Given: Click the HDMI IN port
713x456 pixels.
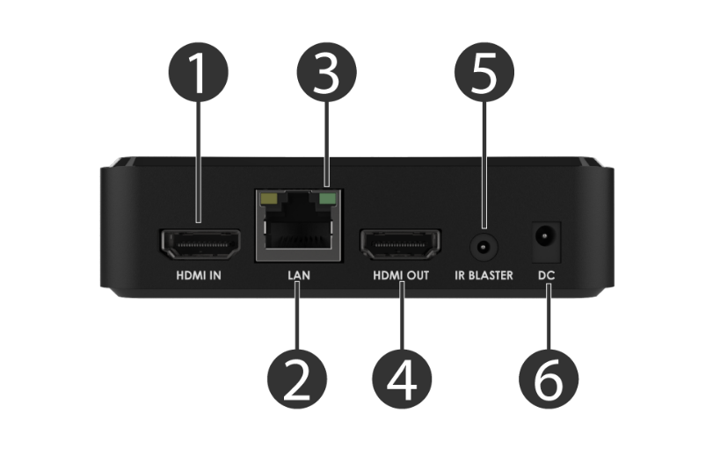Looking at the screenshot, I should pyautogui.click(x=199, y=245).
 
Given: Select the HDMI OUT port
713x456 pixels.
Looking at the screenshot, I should pyautogui.click(x=401, y=245).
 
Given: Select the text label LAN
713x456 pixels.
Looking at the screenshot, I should pyautogui.click(x=299, y=276).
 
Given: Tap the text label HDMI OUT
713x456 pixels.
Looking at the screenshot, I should pyautogui.click(x=401, y=276).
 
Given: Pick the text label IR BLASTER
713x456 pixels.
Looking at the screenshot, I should pyautogui.click(x=484, y=276).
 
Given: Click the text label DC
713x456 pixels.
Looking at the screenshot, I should pyautogui.click(x=546, y=276).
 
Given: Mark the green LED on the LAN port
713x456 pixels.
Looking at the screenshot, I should pyautogui.click(x=329, y=199).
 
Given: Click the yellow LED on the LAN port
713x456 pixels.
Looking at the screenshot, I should pyautogui.click(x=270, y=199).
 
